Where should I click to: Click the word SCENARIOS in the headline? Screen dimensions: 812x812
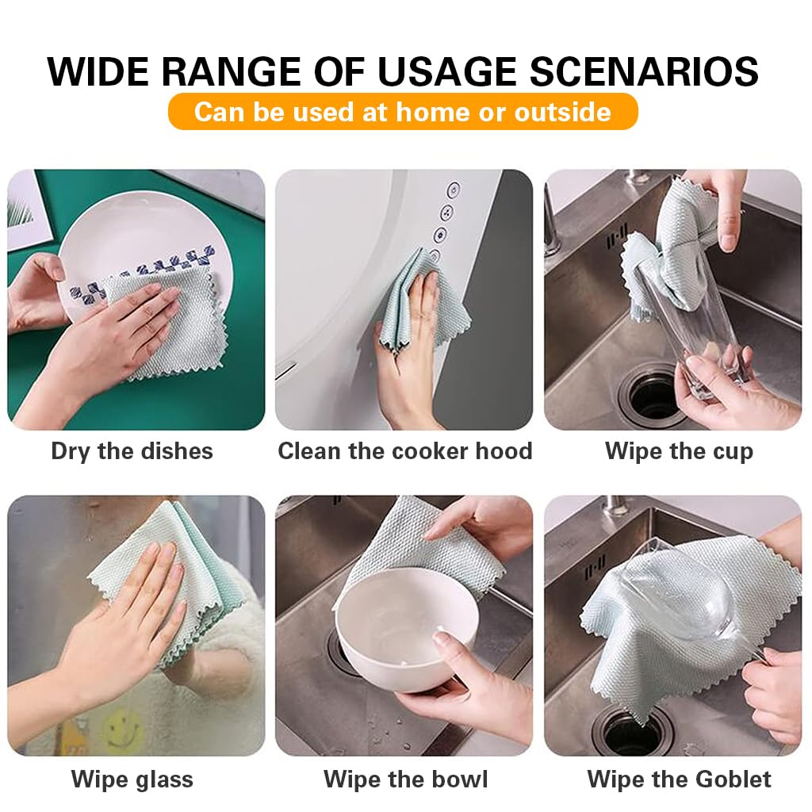(x=643, y=71)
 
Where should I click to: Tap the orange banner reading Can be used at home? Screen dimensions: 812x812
(x=402, y=112)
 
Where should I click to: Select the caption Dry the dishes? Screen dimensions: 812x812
(x=132, y=451)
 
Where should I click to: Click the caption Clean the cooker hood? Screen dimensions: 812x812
(x=404, y=451)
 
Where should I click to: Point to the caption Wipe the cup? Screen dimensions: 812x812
(x=679, y=451)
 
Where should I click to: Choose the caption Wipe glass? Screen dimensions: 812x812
(x=132, y=779)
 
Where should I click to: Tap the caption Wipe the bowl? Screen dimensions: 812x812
(x=405, y=779)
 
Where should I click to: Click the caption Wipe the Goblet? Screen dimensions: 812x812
(x=679, y=779)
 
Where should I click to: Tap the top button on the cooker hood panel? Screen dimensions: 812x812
(x=454, y=190)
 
